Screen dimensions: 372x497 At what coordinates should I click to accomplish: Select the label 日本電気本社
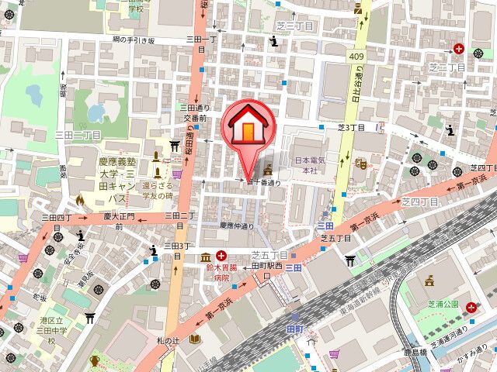(x=309, y=164)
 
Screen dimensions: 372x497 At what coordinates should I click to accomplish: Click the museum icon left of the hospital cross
(x=205, y=257)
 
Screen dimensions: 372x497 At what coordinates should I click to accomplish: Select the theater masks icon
(x=360, y=164)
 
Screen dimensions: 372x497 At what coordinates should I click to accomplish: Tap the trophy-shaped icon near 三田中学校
(x=95, y=360)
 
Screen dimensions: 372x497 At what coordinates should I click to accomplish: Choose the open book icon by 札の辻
(x=195, y=339)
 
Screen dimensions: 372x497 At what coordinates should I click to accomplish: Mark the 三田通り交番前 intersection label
(x=194, y=113)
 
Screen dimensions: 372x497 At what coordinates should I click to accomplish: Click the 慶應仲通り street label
(x=238, y=226)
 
